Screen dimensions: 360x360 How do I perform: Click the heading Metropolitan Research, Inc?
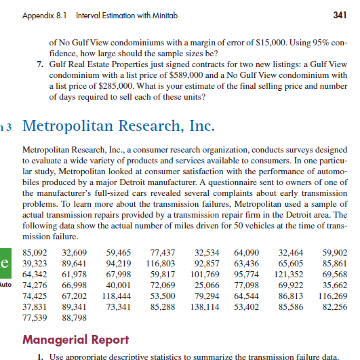(119, 127)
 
